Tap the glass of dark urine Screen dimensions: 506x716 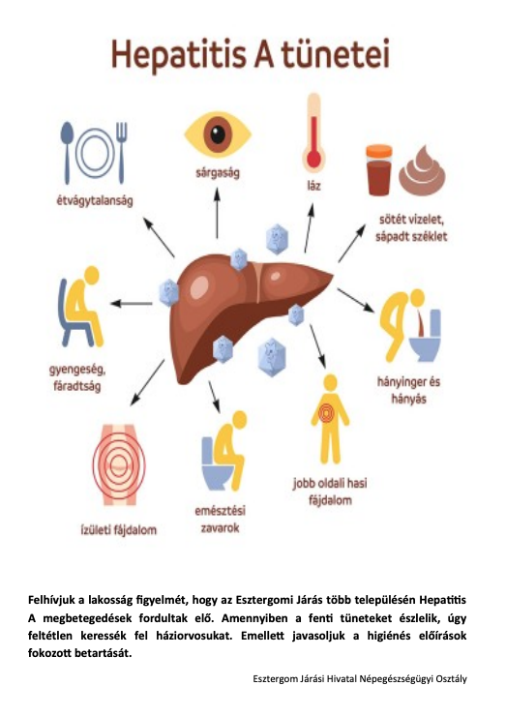coord(379,170)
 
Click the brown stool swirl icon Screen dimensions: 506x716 coord(422,170)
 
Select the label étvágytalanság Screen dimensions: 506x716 coord(95,201)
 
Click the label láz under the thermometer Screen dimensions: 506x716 coord(313,186)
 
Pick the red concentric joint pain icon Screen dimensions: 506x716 coord(119,464)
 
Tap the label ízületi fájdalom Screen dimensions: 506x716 coord(119,530)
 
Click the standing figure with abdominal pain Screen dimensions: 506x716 coord(330,419)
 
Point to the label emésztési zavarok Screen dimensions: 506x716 coord(221,520)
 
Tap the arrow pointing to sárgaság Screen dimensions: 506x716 coord(218,213)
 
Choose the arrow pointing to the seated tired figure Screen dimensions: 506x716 coord(132,303)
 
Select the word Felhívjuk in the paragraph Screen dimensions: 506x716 coord(50,600)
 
